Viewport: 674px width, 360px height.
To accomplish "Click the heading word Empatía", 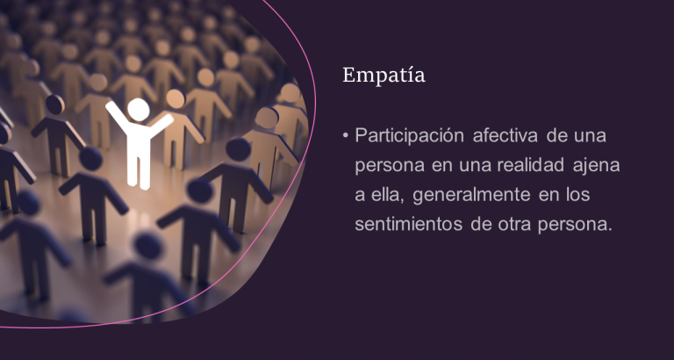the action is [384, 75].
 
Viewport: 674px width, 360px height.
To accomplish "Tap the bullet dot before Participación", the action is [345, 136].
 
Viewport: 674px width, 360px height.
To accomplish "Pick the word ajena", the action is [596, 166].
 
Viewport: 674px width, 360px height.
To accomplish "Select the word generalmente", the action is [471, 195].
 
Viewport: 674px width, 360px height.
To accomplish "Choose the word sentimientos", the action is [408, 225].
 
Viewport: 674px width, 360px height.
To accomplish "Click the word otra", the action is [514, 225].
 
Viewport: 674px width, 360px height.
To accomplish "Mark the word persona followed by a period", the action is [574, 226].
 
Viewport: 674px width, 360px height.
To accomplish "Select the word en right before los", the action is [548, 196].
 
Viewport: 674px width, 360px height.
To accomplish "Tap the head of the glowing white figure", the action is [139, 110].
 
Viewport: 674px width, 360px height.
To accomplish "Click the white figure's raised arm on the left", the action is [117, 116].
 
